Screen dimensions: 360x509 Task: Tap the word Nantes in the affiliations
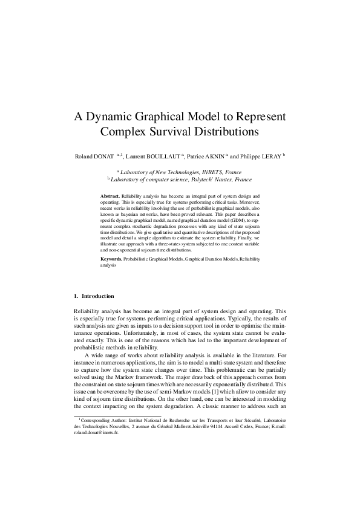coord(218,180)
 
